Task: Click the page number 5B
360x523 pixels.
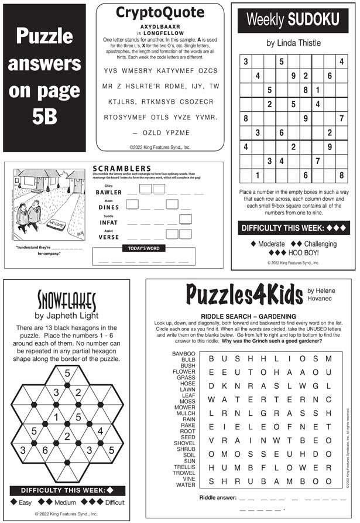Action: [44, 117]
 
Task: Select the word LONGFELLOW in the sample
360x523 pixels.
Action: [160, 33]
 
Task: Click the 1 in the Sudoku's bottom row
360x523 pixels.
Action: [256, 175]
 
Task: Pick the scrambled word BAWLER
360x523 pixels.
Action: [109, 192]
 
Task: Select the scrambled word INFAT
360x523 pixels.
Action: [109, 223]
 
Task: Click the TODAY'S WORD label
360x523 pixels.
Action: [143, 248]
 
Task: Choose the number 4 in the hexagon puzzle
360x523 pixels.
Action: [100, 431]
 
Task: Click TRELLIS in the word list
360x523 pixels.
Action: [184, 466]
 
